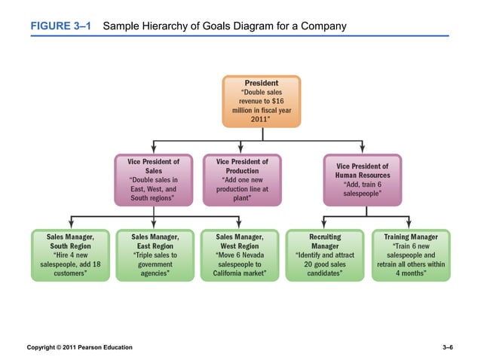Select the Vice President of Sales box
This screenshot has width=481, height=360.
click(154, 181)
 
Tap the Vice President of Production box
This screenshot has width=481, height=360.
click(241, 181)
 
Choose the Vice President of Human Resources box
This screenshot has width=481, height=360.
click(362, 181)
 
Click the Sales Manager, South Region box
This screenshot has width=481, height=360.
click(71, 255)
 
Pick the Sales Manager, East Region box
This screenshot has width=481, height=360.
click(155, 255)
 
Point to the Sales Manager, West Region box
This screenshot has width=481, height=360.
click(240, 255)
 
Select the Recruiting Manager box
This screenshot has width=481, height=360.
click(325, 255)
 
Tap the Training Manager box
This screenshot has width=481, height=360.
click(410, 255)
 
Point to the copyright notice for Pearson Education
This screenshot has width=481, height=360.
click(79, 346)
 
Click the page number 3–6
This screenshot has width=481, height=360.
click(448, 346)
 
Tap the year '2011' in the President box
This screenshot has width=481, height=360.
click(261, 118)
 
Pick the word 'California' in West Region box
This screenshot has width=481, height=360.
click(225, 274)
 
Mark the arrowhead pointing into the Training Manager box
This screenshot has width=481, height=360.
click(410, 225)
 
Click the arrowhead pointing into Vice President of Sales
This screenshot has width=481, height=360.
click(154, 150)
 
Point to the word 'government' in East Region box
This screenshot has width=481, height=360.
click(155, 264)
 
